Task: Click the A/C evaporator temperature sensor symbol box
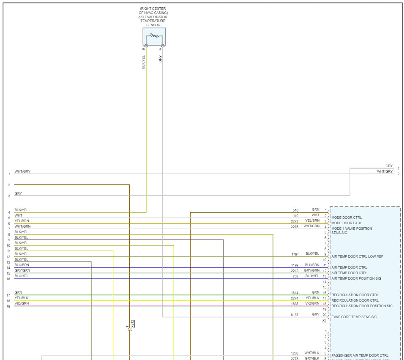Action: pos(154,37)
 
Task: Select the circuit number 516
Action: pos(295,210)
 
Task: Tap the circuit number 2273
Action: pos(295,221)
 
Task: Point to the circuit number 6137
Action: pos(295,315)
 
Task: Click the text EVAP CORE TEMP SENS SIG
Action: pos(354,317)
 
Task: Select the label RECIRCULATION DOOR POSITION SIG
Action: pos(362,306)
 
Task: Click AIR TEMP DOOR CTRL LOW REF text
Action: pos(358,256)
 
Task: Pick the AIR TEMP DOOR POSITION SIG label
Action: pos(356,278)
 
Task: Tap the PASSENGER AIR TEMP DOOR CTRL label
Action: pos(360,355)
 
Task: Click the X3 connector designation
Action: pos(324,321)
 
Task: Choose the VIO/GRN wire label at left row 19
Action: pos(22,303)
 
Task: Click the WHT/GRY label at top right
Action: pos(385,171)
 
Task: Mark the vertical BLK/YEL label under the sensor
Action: pos(144,62)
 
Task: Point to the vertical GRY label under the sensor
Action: pos(160,59)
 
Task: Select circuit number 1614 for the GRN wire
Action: pos(295,292)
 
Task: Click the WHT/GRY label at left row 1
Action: pos(22,171)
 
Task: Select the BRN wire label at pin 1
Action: pos(316,209)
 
